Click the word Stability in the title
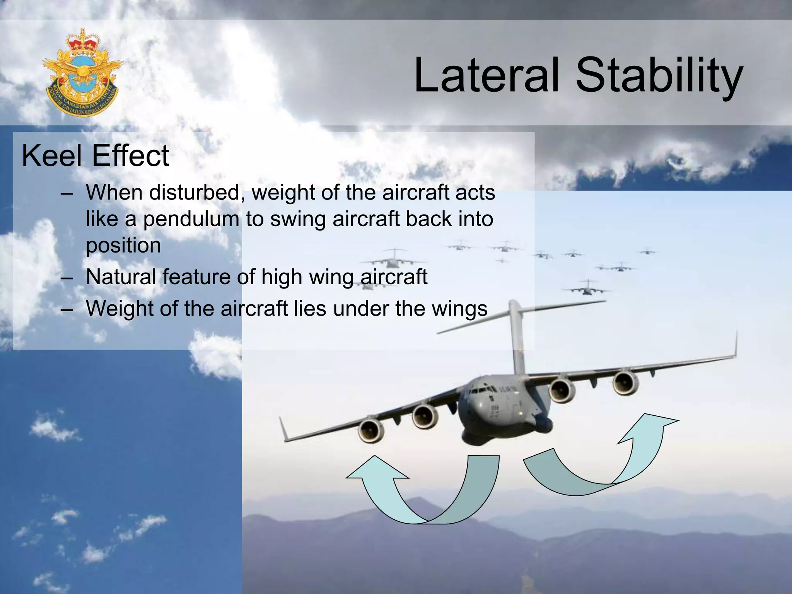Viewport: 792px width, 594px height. coord(659,76)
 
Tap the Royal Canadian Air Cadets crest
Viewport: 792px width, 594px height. coord(82,73)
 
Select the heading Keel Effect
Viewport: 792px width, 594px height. coord(95,156)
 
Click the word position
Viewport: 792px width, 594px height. coord(123,246)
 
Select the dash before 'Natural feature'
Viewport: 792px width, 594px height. coord(67,277)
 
